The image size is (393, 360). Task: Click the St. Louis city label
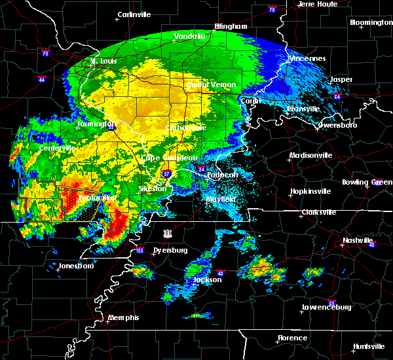tap(103, 61)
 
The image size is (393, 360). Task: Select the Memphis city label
tap(124, 317)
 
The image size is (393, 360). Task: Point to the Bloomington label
tap(371, 22)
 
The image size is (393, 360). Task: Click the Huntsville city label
tap(369, 346)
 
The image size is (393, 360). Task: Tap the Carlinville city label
tap(135, 14)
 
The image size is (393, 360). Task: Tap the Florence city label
tap(292, 338)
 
